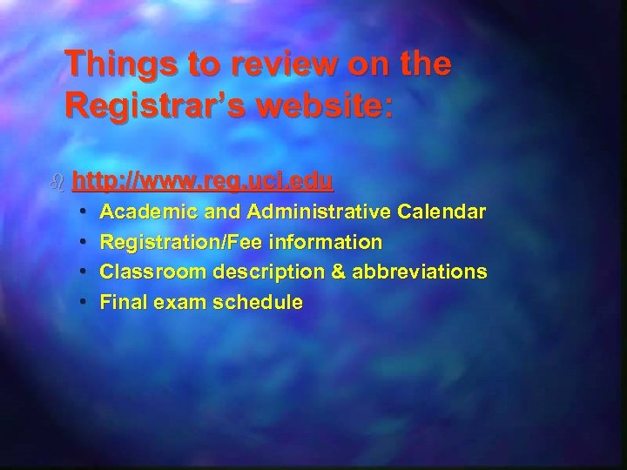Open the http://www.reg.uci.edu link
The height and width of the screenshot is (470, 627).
(x=203, y=181)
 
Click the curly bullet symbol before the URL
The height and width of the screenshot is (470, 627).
(x=57, y=182)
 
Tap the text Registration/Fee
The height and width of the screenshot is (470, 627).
(x=172, y=242)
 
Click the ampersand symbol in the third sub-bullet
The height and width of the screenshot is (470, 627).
(x=339, y=272)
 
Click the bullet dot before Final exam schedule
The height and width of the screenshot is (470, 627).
(x=81, y=302)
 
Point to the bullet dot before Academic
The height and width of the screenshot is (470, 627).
(x=81, y=211)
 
